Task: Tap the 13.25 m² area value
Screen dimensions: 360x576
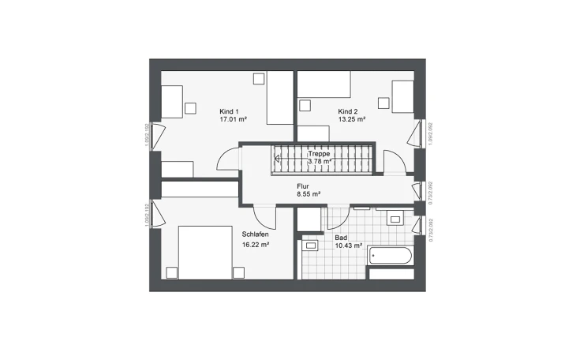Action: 352,120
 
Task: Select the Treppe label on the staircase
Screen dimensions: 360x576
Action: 319,155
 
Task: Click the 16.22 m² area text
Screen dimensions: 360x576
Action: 256,245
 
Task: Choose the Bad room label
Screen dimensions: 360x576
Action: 341,237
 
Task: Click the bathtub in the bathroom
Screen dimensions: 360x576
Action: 391,257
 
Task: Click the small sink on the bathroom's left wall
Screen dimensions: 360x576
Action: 311,246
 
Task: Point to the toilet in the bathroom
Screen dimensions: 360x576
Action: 395,219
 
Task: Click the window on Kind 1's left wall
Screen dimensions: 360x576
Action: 155,136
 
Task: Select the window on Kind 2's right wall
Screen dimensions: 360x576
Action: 412,136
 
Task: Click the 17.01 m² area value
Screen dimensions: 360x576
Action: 234,120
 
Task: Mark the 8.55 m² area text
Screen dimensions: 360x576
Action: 308,193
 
